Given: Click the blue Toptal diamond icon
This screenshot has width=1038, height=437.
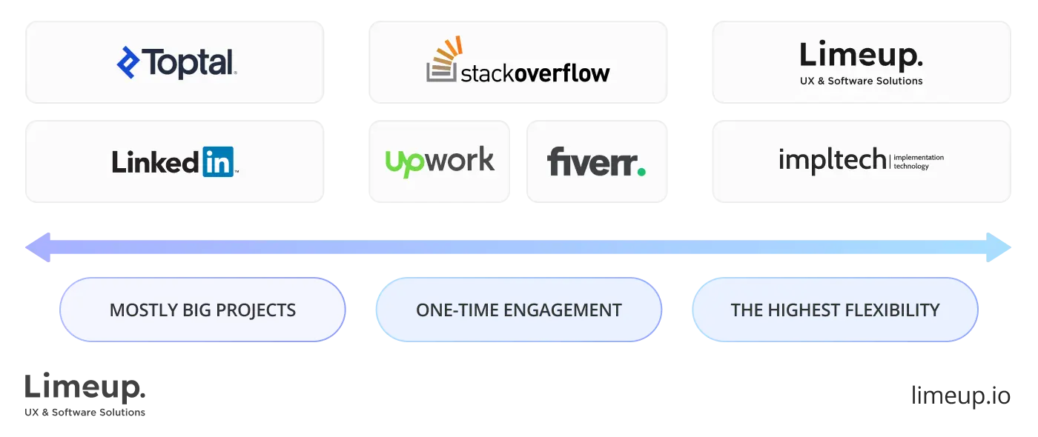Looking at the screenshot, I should click(x=128, y=63).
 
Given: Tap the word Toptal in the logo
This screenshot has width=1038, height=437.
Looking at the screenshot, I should click(x=189, y=63).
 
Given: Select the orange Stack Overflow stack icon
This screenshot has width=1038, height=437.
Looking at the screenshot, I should click(x=443, y=60).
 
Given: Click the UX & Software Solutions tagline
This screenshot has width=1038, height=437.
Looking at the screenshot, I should click(x=862, y=81).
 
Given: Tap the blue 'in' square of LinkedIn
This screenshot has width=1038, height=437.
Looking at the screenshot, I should click(x=218, y=161).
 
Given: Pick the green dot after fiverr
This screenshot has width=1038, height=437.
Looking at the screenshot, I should click(x=641, y=171).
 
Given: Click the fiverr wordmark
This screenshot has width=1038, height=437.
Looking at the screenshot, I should click(x=591, y=161).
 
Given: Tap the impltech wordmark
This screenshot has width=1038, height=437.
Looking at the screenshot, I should click(x=832, y=160).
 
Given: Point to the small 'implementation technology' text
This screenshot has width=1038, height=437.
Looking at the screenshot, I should click(x=919, y=161).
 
